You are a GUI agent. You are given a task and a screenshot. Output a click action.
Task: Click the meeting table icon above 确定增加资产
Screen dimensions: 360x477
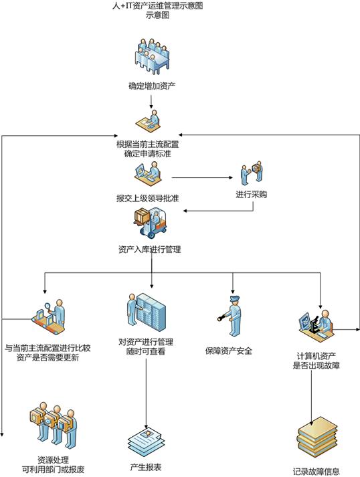click(x=152, y=56)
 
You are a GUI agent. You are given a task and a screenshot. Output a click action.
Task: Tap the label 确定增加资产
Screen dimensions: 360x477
click(x=152, y=86)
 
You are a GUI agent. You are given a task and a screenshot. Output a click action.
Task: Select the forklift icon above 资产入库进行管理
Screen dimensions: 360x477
click(x=151, y=222)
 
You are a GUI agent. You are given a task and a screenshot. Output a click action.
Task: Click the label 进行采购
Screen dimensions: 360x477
click(x=251, y=195)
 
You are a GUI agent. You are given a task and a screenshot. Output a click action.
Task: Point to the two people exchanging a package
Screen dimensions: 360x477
click(x=252, y=173)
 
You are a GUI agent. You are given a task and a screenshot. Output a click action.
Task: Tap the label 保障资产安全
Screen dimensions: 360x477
click(x=229, y=351)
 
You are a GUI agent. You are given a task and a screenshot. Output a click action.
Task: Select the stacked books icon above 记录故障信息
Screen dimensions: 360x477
click(x=317, y=438)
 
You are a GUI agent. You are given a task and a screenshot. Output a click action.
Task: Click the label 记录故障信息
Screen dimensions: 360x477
click(x=316, y=472)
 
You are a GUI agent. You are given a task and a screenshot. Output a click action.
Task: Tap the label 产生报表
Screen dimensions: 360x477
click(x=146, y=467)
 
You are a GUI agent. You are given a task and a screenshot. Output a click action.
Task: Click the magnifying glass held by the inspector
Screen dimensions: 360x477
click(x=48, y=306)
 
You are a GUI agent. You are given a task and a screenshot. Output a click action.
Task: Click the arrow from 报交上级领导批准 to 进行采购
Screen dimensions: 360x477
click(x=202, y=177)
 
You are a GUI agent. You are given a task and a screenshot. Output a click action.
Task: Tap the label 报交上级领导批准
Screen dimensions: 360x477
click(x=148, y=198)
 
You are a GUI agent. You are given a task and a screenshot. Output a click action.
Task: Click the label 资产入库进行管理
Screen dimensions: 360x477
click(x=150, y=250)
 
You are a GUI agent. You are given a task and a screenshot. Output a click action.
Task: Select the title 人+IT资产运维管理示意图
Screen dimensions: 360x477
click(x=158, y=5)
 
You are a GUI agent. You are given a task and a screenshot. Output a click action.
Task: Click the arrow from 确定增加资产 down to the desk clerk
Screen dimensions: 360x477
click(x=151, y=102)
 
